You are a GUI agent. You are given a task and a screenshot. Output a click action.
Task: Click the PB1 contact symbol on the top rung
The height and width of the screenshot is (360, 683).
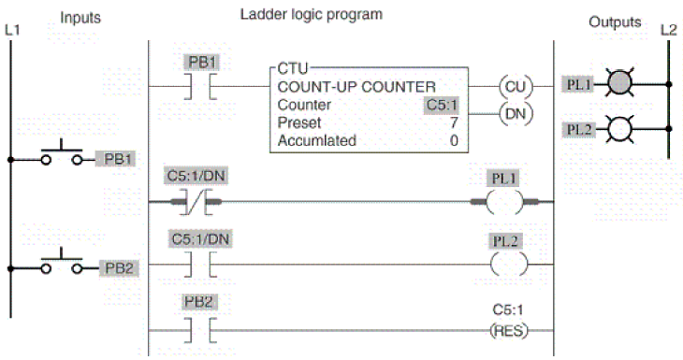click(200, 87)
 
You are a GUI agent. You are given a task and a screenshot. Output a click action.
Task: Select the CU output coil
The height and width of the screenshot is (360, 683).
click(516, 87)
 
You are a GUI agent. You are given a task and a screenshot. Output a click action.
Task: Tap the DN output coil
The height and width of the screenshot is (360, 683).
click(516, 114)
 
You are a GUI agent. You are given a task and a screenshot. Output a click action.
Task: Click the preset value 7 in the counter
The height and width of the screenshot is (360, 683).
click(454, 122)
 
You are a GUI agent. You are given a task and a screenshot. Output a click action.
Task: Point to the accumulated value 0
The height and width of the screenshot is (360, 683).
click(454, 140)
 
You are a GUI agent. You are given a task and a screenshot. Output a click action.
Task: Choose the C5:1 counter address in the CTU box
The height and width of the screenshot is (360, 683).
click(442, 105)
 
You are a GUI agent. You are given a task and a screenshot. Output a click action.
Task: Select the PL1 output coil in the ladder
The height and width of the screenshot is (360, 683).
click(504, 202)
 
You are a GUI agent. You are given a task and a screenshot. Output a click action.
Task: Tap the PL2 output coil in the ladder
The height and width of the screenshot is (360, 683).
click(508, 265)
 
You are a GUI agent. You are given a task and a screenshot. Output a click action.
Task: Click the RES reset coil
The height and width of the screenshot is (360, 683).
click(509, 331)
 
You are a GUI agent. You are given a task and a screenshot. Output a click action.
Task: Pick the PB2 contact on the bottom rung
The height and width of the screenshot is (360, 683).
click(200, 331)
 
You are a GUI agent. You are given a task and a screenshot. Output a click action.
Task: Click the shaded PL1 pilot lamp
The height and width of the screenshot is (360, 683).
click(619, 82)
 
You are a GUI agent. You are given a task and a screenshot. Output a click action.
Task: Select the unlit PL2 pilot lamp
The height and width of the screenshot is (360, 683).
click(619, 129)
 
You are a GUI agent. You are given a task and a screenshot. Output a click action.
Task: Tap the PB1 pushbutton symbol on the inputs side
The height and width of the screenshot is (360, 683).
click(62, 153)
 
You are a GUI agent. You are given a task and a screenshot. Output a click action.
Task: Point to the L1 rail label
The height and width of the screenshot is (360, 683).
click(12, 31)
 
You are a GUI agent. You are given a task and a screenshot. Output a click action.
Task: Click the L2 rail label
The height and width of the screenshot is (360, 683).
click(669, 30)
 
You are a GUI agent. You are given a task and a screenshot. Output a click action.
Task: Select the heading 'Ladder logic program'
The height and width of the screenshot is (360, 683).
click(312, 15)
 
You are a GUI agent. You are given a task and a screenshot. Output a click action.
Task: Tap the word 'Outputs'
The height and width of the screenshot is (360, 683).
click(615, 22)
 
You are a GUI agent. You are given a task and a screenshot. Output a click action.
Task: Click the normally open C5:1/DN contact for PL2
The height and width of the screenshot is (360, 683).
click(200, 265)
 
